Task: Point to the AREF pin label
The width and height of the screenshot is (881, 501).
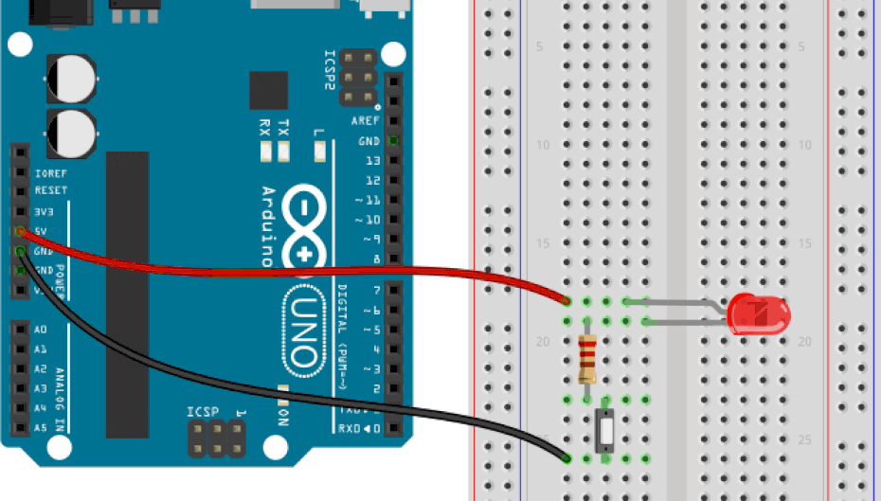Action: point(366,121)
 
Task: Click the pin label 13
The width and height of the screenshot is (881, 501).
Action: point(373,161)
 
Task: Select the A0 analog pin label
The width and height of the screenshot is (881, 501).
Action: point(40,330)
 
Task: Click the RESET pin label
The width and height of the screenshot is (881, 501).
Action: point(50,190)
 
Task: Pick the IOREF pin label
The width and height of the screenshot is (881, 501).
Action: point(50,173)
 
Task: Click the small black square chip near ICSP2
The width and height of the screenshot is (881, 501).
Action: point(268,90)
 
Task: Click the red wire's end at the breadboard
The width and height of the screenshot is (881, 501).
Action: point(566,302)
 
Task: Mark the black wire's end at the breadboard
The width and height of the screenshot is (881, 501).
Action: point(566,458)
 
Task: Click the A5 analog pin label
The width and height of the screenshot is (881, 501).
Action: point(40,428)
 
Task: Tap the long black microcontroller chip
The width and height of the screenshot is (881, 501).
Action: point(127,294)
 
